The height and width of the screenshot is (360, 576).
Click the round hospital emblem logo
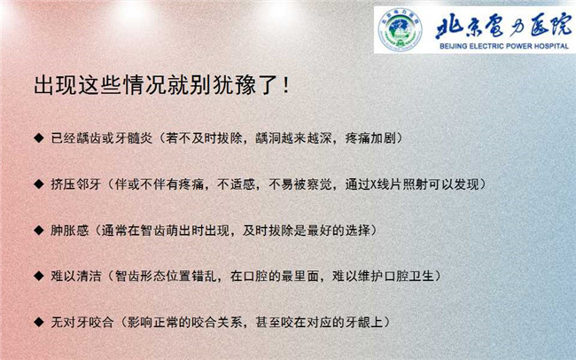[x=400, y=29]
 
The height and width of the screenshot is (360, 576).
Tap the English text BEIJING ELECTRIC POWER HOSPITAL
[x=504, y=46]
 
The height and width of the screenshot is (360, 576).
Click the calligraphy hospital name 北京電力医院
[x=503, y=27]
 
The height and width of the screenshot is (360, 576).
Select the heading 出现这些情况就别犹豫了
[x=155, y=85]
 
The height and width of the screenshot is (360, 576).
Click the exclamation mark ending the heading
[x=286, y=86]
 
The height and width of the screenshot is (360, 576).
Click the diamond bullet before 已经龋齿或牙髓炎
[x=39, y=138]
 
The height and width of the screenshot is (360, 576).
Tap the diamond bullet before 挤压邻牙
[x=39, y=184]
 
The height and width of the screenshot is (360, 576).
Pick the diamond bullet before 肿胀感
[x=39, y=231]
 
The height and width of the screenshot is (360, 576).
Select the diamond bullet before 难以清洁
[x=39, y=276]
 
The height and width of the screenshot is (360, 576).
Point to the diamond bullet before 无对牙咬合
[x=39, y=322]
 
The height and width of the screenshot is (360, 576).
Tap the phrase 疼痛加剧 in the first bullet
[x=370, y=138]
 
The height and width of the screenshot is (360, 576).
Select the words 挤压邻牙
[x=76, y=184]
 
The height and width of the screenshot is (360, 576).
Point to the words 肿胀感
[x=70, y=231]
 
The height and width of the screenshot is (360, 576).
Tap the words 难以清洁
[x=76, y=276]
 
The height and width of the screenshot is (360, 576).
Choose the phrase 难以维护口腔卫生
[x=383, y=276]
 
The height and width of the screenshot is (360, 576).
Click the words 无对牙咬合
[x=82, y=323]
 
